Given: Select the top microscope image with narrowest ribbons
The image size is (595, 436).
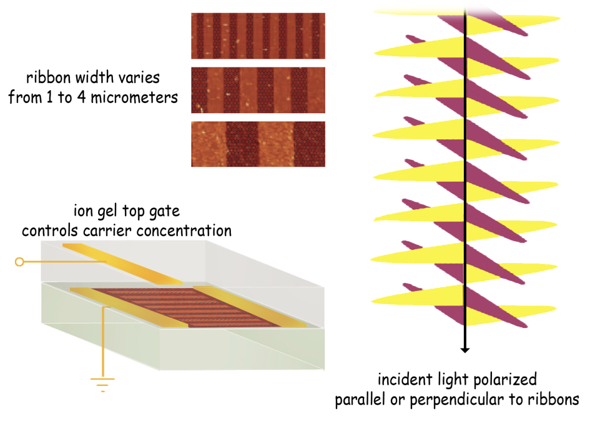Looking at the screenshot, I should point(258,36).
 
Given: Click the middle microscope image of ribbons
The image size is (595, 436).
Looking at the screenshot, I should point(258,90).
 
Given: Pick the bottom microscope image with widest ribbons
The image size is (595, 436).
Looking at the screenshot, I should point(258,144).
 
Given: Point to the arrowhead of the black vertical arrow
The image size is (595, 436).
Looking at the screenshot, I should point(465,349).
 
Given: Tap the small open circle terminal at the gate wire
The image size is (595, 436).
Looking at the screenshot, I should point(19,262).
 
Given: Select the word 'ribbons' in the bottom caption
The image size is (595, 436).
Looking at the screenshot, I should point(555,399).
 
